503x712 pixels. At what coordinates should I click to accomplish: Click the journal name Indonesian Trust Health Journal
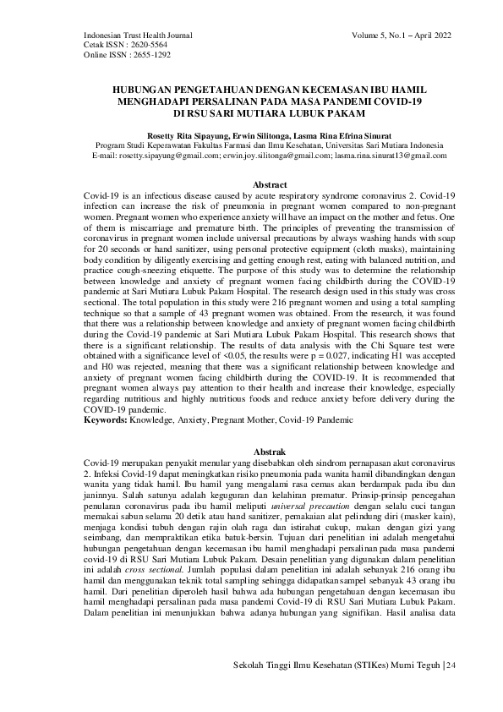(x=138, y=36)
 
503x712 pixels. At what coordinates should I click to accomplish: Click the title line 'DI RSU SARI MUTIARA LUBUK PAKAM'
(x=250, y=111)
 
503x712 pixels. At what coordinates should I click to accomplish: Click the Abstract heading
(x=250, y=183)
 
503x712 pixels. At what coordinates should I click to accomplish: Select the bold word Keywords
(x=106, y=419)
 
